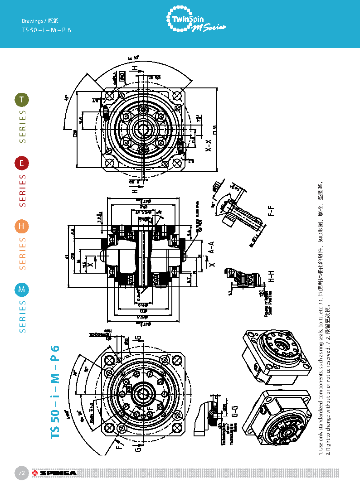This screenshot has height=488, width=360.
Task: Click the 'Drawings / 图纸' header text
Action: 41,21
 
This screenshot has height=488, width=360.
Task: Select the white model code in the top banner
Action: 47,30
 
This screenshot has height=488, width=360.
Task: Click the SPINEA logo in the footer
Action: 54,474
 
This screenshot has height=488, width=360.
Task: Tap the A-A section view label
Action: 211,247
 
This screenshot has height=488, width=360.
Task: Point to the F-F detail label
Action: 271,211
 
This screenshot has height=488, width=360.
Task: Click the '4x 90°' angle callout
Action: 133,58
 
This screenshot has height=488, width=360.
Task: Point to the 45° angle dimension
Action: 67,98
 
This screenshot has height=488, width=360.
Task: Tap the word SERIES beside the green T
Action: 22,126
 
